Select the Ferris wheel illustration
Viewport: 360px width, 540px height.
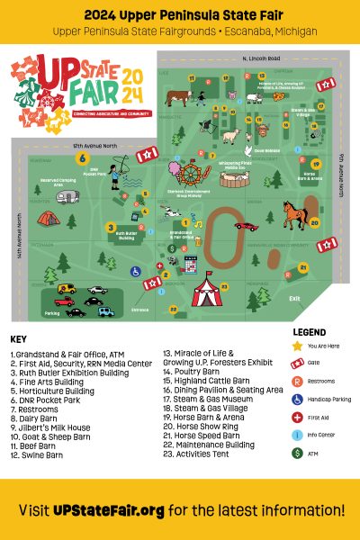pyautogui.click(x=191, y=172)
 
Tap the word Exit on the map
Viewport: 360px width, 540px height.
pyautogui.click(x=295, y=299)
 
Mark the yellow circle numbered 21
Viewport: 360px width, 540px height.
pyautogui.click(x=303, y=267)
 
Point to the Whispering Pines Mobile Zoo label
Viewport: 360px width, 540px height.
pyautogui.click(x=236, y=166)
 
